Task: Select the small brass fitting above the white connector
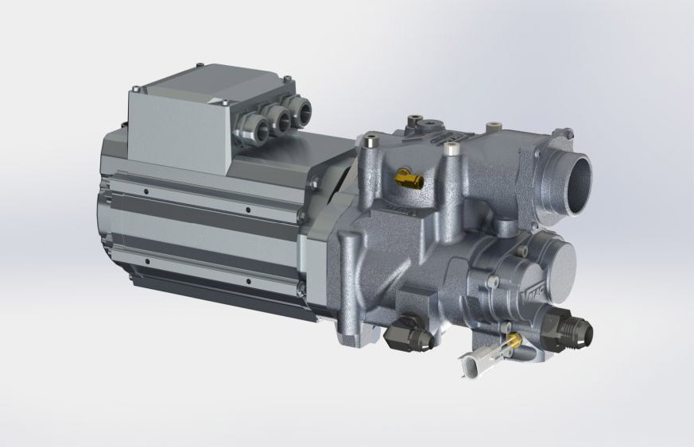[x=513, y=341]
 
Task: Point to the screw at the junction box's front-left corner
[x=138, y=88]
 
